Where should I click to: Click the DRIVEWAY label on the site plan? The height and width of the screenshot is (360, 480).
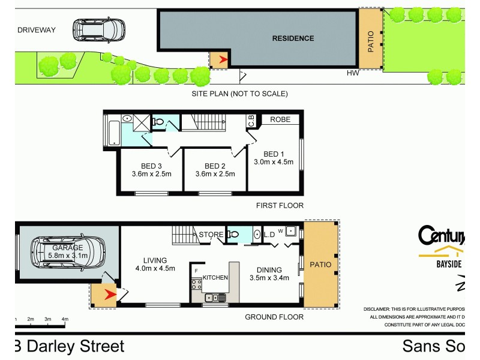[x=35, y=29]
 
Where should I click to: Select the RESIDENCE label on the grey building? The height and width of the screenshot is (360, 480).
[x=293, y=38]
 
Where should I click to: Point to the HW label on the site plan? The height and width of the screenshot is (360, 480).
[x=353, y=73]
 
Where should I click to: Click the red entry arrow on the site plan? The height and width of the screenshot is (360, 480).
[x=223, y=59]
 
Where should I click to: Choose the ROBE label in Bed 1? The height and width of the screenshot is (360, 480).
[x=280, y=119]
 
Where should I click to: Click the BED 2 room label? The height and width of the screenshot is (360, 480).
[x=215, y=166]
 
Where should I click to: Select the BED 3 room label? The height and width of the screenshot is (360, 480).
[x=152, y=166]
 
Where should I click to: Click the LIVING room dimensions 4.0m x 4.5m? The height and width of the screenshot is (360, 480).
[x=154, y=268]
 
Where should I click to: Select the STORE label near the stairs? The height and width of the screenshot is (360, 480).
[x=211, y=235]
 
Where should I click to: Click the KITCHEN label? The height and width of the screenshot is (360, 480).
[x=215, y=278]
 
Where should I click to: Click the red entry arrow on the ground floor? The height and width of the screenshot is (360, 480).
[x=109, y=294]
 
